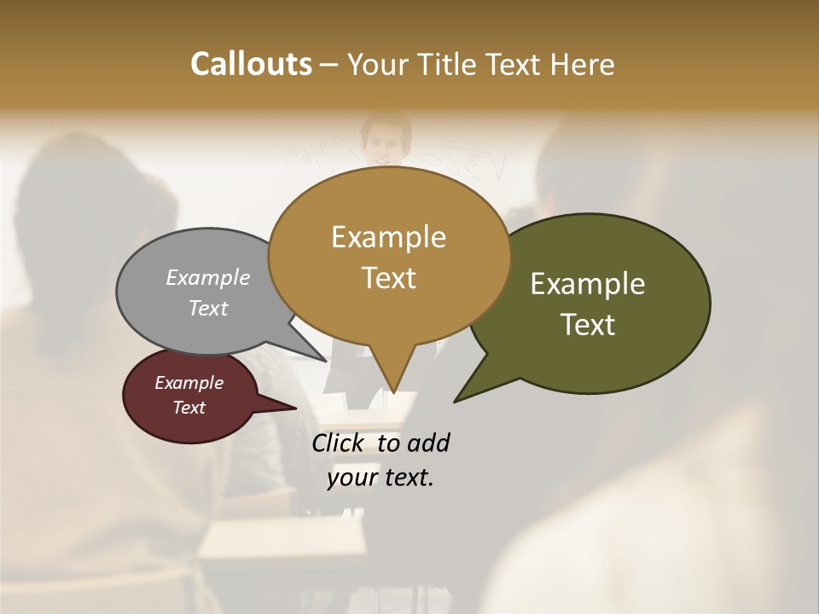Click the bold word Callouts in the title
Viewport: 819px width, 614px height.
coord(251,64)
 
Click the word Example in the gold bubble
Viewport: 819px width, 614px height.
coord(388,237)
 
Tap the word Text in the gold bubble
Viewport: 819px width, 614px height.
coord(388,278)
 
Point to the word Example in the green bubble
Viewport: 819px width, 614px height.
coord(588,284)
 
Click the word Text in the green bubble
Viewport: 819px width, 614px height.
coord(588,325)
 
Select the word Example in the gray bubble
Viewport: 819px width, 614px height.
coord(208,277)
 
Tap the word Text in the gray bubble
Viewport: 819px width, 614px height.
coord(208,308)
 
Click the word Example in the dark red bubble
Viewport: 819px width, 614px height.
coord(189,383)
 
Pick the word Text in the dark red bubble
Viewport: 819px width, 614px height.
coord(189,408)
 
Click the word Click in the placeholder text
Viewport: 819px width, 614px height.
coord(340,443)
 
